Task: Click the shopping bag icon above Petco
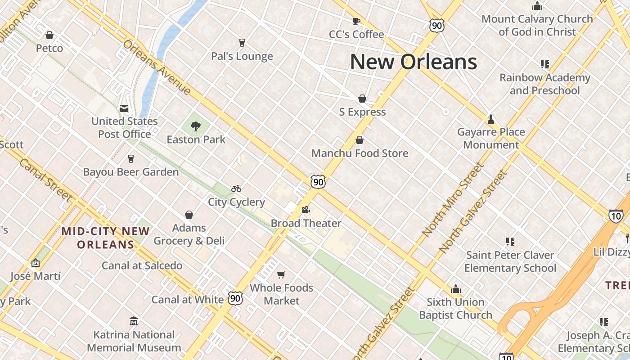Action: (49, 35)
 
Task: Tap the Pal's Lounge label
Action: (242, 56)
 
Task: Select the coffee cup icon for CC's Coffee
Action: (356, 21)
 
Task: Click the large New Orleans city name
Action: (413, 62)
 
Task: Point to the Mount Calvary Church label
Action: (537, 25)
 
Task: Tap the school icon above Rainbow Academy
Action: (545, 64)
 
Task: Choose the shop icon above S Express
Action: (362, 99)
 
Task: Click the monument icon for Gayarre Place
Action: (491, 119)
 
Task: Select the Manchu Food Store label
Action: (360, 153)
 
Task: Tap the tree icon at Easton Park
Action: (196, 126)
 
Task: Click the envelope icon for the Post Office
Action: (124, 108)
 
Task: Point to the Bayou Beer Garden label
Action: (131, 172)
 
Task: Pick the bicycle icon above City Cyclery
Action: (236, 189)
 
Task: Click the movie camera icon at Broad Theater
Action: (306, 210)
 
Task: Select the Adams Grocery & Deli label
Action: (189, 234)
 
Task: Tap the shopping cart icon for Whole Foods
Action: (281, 274)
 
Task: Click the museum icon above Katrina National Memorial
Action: (134, 321)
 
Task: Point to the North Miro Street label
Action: (453, 199)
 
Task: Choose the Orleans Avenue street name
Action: (157, 67)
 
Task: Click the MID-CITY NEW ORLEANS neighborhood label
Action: (106, 238)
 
